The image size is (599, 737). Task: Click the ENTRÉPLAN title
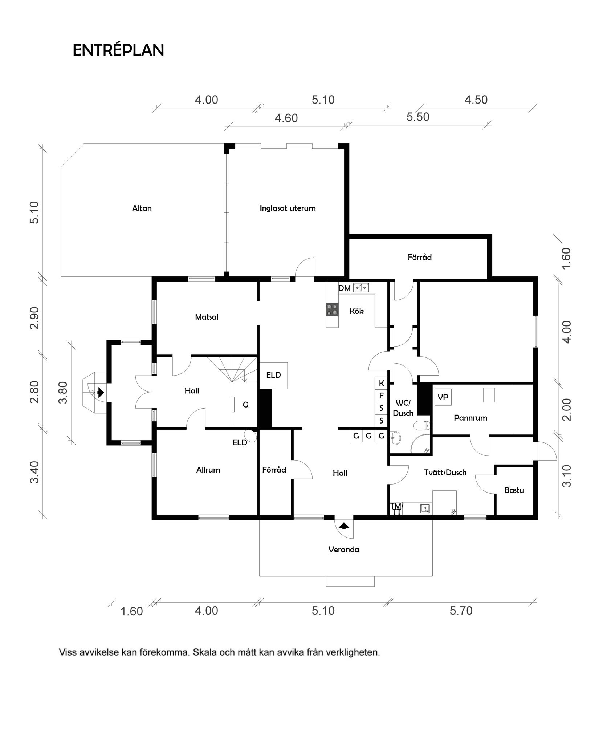tap(118, 50)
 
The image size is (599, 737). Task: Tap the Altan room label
tap(142, 208)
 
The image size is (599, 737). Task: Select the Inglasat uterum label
tap(288, 208)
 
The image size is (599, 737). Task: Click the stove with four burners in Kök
tap(332, 309)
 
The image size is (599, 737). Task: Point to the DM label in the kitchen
tap(345, 288)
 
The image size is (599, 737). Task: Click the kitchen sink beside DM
tap(361, 287)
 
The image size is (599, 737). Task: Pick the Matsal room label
tap(207, 317)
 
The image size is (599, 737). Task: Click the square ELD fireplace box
tap(273, 375)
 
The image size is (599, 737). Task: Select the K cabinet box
tap(381, 383)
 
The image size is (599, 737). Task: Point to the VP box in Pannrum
tap(443, 397)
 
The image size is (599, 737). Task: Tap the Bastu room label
tap(514, 490)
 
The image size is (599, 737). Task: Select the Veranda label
tap(343, 550)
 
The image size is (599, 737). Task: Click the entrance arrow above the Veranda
tap(344, 525)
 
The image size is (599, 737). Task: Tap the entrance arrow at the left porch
tap(101, 393)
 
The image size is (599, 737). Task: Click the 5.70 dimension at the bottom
tap(461, 611)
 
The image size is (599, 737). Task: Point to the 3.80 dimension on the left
tap(63, 392)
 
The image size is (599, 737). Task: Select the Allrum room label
tap(208, 470)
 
